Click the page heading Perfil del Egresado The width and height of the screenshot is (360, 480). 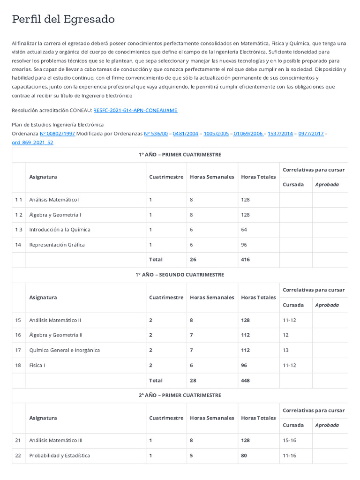pos(63,19)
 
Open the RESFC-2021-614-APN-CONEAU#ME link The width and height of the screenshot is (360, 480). pos(135,110)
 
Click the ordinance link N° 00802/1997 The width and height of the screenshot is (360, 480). pos(57,134)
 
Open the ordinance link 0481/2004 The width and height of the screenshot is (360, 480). pos(185,134)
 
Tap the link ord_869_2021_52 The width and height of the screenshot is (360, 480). pos(32,142)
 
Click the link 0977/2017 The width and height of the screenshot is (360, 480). pos(311,134)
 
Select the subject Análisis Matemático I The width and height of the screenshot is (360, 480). pos(54,200)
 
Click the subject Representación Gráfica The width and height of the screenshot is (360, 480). pos(57,245)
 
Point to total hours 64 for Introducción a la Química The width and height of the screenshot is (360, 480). pos(244,230)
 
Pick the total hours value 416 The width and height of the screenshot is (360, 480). pos(246,259)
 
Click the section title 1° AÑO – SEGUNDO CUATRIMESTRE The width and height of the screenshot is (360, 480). pos(180,275)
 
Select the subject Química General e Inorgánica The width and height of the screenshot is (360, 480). pos(64,350)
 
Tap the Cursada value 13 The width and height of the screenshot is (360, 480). pos(286,350)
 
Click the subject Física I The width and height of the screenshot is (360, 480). pos(37,365)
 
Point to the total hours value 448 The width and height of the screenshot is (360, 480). pos(246,381)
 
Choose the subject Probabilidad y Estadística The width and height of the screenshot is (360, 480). pos(60,456)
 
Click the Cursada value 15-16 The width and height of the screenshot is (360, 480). pos(290,441)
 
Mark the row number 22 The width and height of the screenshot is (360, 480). pos(18,456)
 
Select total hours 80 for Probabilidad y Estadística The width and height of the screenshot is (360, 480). pos(245,456)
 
